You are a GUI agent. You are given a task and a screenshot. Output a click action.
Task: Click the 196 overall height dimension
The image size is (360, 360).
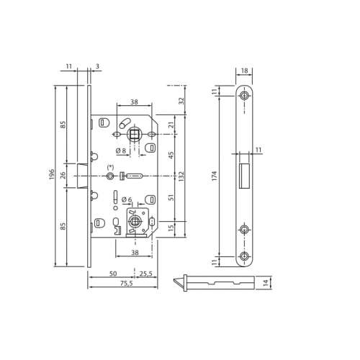(x=52, y=174)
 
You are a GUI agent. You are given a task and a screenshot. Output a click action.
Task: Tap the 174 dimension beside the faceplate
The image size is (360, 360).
(x=215, y=176)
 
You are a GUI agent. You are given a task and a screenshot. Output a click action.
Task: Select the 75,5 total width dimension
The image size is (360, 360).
(x=127, y=284)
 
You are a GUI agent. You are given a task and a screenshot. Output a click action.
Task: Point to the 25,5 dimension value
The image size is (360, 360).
(x=145, y=274)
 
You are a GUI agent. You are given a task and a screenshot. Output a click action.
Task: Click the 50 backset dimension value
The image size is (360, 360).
(x=113, y=274)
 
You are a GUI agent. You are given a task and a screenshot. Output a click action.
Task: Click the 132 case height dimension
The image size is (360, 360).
(x=181, y=176)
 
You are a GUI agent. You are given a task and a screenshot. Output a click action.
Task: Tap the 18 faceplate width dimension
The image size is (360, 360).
(x=244, y=71)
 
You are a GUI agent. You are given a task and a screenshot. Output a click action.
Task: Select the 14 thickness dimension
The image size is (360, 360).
(x=266, y=283)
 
